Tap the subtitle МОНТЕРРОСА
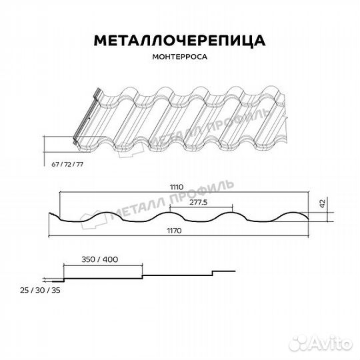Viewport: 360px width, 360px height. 179,57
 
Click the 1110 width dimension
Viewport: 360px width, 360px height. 177,187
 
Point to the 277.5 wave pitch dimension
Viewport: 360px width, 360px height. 199,201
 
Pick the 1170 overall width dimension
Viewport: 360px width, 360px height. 176,231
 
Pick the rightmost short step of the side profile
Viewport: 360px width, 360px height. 223,270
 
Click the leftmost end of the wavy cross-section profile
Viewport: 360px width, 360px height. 52,215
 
